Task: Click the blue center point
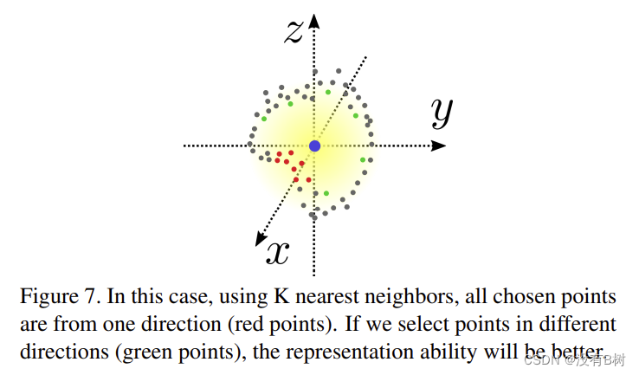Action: pos(314,145)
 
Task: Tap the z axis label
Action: pos(294,31)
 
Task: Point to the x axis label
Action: pos(277,251)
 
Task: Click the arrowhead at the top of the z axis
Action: pos(315,19)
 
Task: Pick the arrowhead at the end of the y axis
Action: pos(440,145)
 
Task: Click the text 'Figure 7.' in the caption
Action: pos(59,297)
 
